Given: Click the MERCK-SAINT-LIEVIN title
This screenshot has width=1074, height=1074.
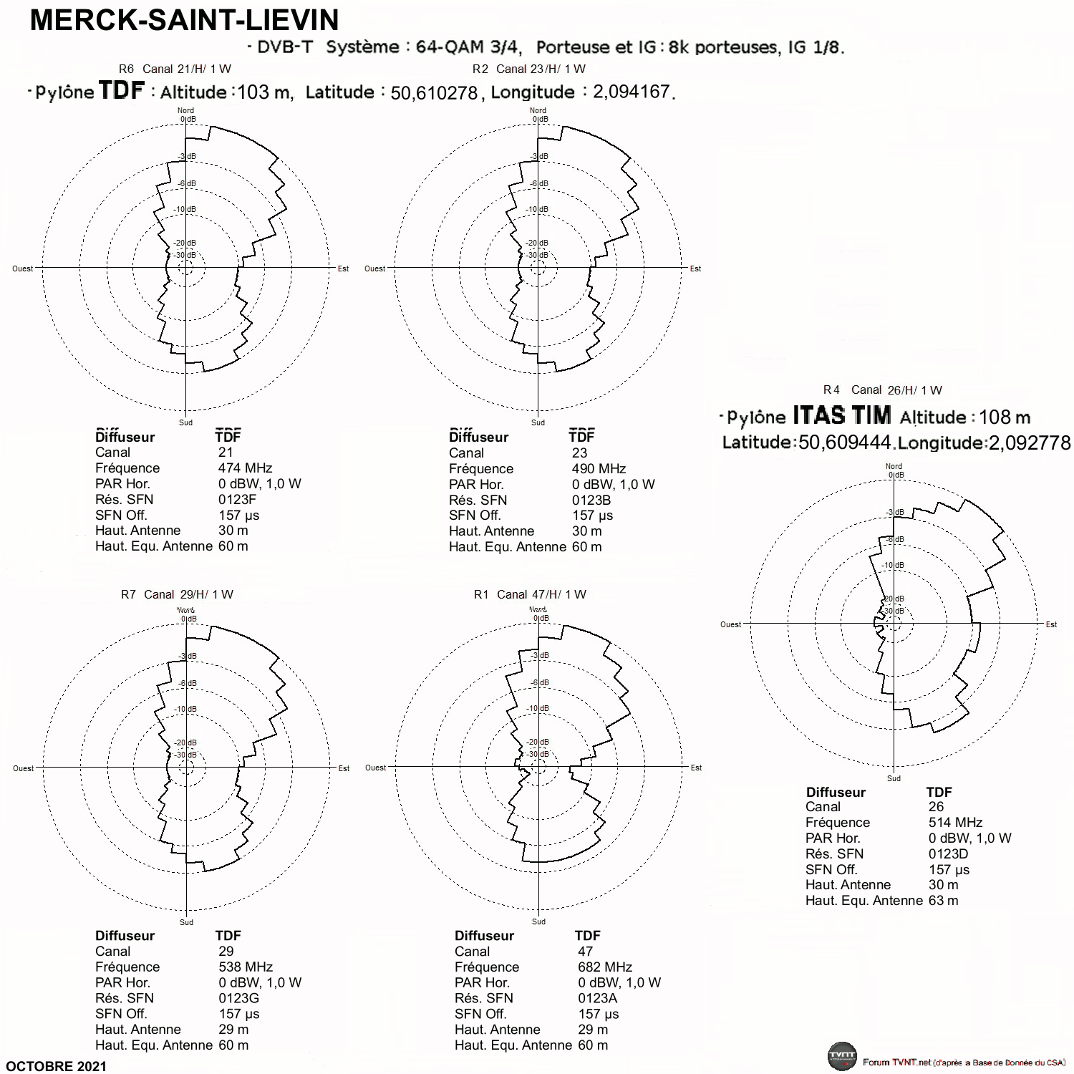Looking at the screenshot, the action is tap(185, 20).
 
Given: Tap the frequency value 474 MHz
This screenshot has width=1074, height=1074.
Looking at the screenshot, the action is tap(246, 468).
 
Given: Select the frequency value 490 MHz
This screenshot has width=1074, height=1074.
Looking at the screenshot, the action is tap(599, 469).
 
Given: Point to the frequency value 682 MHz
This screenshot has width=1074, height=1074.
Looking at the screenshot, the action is tap(605, 967).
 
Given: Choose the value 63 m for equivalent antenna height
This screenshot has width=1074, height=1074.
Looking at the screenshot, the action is tap(943, 901).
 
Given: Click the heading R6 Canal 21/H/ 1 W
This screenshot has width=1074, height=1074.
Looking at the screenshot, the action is tap(175, 69).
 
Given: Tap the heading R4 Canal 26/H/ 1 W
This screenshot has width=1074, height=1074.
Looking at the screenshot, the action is tap(883, 390).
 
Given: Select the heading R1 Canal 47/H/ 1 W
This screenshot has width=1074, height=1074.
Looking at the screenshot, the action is tap(530, 594).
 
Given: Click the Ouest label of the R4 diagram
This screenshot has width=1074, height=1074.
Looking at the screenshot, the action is tap(731, 624).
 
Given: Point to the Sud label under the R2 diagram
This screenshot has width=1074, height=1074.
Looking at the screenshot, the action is tap(538, 422).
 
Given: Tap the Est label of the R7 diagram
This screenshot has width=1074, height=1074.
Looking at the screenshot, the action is tap(344, 768).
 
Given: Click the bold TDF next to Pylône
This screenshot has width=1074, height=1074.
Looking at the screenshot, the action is tap(122, 90).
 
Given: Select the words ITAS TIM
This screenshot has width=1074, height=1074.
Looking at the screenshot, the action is tap(842, 415).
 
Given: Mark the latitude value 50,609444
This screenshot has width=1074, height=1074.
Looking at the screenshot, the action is tap(845, 443).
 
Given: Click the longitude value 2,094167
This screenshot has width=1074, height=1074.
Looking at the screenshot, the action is tap(632, 92).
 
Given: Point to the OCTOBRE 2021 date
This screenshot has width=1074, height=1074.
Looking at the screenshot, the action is tap(57, 1066).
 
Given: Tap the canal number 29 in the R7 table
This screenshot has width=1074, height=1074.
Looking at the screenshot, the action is tap(226, 952).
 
